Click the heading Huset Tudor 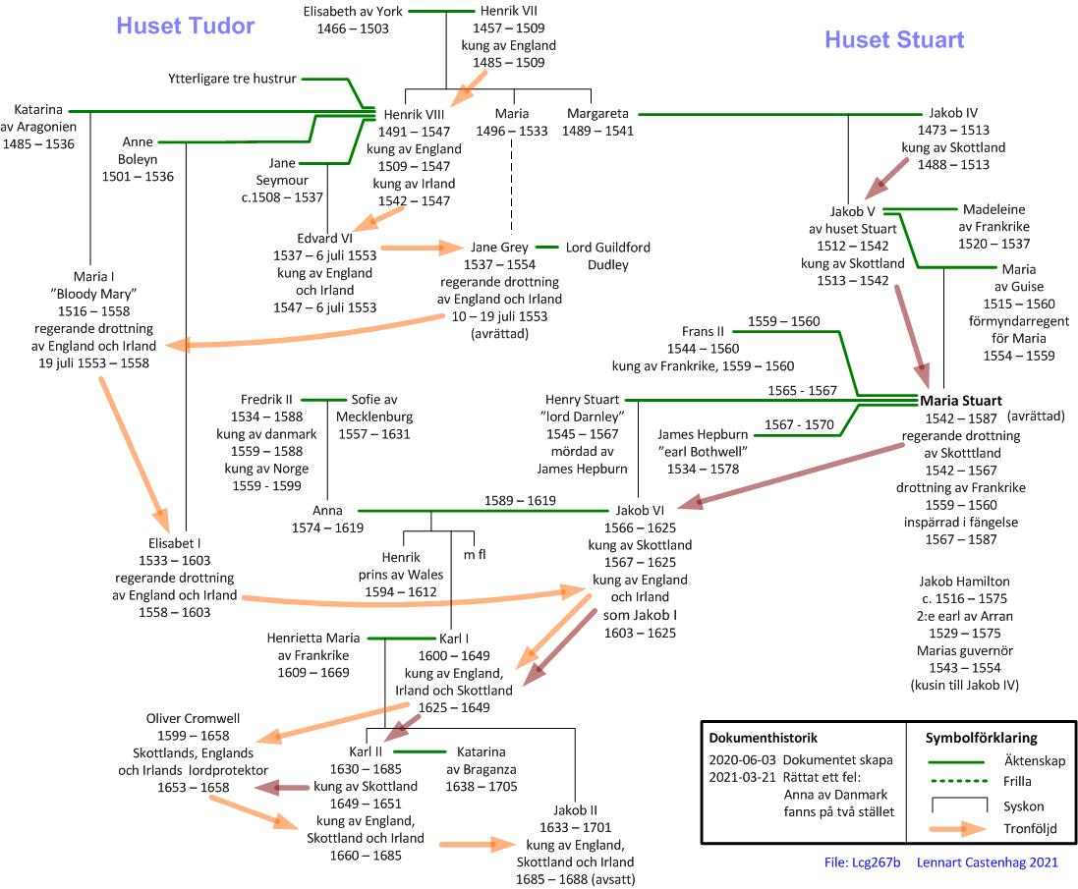click(186, 26)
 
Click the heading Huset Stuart click(894, 40)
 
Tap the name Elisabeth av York click(353, 12)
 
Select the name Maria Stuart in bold click(961, 401)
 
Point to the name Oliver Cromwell click(193, 718)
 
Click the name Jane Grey click(498, 248)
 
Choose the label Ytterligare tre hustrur click(232, 78)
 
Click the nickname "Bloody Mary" click(107, 294)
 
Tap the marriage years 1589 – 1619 click(520, 501)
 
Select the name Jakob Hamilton click(964, 582)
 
